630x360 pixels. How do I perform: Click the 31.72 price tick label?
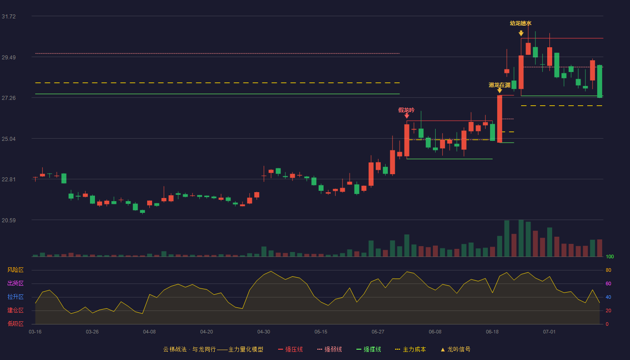coord(9,17)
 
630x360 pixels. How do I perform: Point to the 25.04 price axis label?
coord(9,139)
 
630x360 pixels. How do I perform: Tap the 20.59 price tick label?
coord(9,220)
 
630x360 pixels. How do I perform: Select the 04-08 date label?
coord(149,332)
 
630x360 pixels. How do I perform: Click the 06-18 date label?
coord(492,332)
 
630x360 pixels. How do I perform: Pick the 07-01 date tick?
coord(549,332)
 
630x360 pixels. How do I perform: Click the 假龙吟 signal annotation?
coord(406,110)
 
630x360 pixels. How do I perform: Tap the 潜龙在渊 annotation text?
coord(499,85)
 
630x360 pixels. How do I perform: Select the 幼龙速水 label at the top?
coord(521,23)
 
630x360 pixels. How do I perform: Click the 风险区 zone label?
coord(15,270)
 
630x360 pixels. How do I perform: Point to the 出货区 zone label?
coord(15,283)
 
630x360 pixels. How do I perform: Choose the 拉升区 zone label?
coord(15,297)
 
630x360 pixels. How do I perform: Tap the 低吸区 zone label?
coord(15,324)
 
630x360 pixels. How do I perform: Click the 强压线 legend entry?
coord(290,349)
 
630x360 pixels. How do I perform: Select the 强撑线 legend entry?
coord(369,349)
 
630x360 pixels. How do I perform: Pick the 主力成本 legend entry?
coord(410,349)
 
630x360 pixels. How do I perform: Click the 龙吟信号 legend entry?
coord(455,349)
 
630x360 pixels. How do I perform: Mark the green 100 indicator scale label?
coord(610,256)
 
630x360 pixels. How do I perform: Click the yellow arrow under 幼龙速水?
coord(521,33)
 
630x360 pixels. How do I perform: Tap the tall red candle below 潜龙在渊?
coord(499,119)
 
